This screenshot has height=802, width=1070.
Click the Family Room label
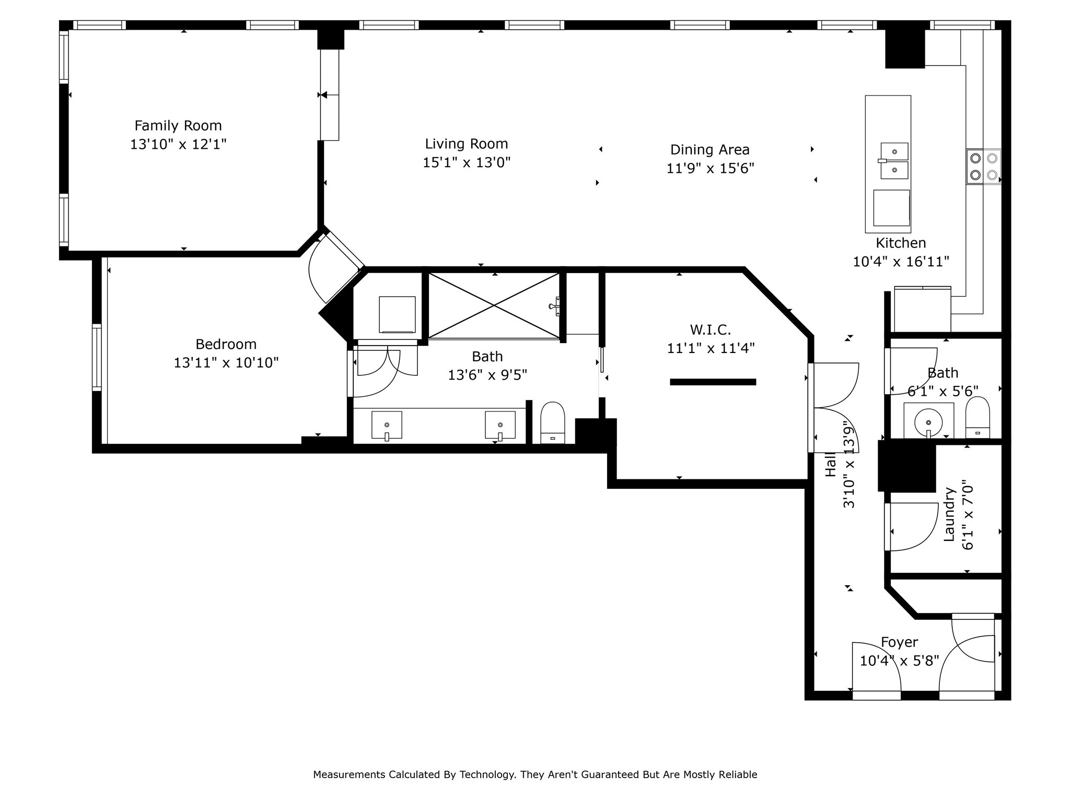(178, 126)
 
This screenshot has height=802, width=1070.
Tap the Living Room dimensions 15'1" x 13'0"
(467, 162)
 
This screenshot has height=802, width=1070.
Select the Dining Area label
(710, 150)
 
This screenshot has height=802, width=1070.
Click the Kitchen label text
(901, 243)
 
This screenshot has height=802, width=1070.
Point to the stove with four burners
(984, 167)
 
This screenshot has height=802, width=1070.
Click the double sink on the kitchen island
(894, 161)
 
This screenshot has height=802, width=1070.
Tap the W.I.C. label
(711, 329)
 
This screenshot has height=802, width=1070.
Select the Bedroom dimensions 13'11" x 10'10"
(226, 362)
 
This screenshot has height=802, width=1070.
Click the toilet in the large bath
(553, 422)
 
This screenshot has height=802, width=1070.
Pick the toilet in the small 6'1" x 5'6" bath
(978, 417)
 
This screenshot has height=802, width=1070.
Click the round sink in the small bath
(928, 421)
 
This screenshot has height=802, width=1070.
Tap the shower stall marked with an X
(494, 305)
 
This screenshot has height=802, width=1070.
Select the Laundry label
(949, 514)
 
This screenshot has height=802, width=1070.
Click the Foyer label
(899, 642)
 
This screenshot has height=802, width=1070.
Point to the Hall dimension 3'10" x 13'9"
(849, 467)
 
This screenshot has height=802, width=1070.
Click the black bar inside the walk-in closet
(713, 382)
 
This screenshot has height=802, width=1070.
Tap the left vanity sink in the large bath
(387, 425)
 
